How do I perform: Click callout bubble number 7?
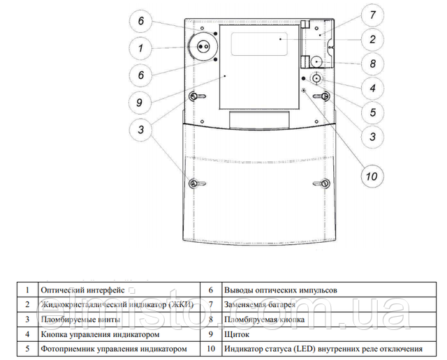(372, 15)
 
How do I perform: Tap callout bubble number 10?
(372, 177)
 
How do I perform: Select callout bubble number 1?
(140, 48)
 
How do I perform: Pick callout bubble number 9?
(140, 103)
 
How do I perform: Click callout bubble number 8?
(372, 63)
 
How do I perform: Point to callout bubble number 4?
(372, 88)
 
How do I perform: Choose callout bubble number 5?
(372, 112)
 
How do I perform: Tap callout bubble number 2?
(372, 39)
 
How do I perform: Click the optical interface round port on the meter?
(203, 47)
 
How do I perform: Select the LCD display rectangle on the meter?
(259, 44)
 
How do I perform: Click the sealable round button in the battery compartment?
(316, 61)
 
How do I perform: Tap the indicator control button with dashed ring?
(316, 78)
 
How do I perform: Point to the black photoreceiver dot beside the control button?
(304, 78)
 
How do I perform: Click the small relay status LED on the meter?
(305, 91)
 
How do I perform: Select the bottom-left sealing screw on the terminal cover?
(193, 183)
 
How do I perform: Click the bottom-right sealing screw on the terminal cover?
(325, 183)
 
